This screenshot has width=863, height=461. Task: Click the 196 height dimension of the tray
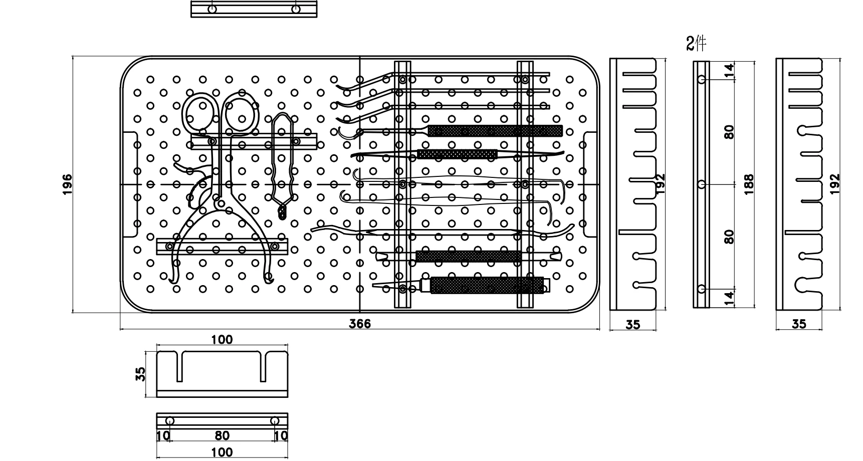[67, 184]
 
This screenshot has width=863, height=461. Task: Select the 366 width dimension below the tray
[360, 324]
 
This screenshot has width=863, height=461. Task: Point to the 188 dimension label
[749, 184]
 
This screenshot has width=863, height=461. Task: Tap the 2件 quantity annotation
[696, 44]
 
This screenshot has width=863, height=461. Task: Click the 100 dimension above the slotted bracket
[222, 340]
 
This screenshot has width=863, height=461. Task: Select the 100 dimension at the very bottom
[222, 452]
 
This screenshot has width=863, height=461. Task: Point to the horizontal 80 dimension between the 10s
[222, 435]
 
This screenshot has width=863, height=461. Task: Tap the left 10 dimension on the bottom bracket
[163, 435]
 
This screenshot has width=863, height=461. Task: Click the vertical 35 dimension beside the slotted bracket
[141, 374]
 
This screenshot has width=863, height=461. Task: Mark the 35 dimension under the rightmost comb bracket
[799, 324]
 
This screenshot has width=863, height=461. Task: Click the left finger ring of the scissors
[199, 111]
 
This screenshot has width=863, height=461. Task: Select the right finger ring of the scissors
[242, 113]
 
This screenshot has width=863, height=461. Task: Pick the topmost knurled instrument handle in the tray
[495, 131]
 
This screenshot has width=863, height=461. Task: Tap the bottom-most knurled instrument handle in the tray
[487, 285]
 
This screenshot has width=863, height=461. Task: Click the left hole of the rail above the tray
[212, 9]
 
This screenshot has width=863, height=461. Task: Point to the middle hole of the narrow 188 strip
[702, 184]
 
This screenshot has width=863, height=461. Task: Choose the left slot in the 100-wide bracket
[179, 366]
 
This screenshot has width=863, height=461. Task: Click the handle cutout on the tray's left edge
[130, 184]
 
